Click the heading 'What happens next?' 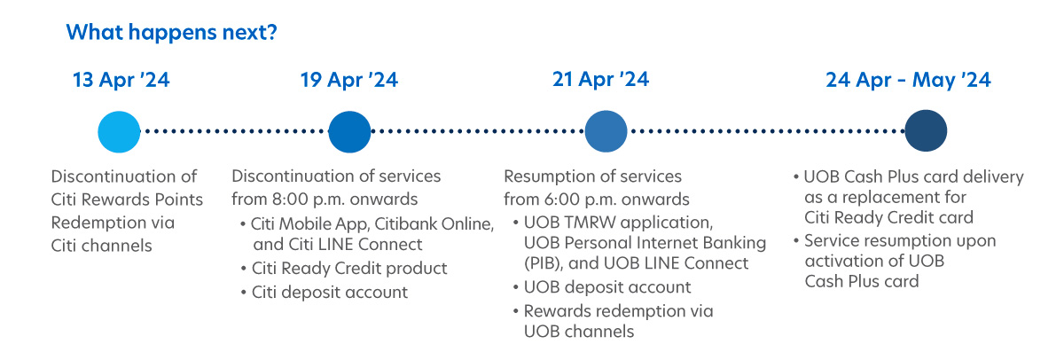point(171,32)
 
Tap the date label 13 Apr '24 point(121,80)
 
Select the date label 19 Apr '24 point(349,80)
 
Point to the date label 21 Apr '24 point(600,79)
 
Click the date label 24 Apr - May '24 point(908,80)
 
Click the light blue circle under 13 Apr point(119,131)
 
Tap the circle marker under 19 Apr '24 point(349,131)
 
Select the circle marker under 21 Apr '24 point(606,131)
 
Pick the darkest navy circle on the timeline point(926,130)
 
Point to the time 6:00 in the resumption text point(561,200)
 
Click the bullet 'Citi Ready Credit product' point(349,269)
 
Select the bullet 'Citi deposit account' point(329,292)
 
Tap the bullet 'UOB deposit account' point(607,287)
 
